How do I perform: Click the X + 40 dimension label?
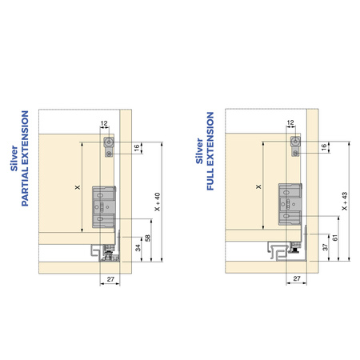pos(158,202)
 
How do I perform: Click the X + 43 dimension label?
pos(345,201)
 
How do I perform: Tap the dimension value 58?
pos(147,238)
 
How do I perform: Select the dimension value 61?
pos(335,238)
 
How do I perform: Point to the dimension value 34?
pos(138,248)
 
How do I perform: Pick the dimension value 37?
pos(326,247)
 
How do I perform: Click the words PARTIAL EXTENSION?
pos(25,158)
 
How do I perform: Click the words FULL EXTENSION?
pos(210,151)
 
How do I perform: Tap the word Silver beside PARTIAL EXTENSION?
pos(14,158)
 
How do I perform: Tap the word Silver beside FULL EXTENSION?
pos(199,151)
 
